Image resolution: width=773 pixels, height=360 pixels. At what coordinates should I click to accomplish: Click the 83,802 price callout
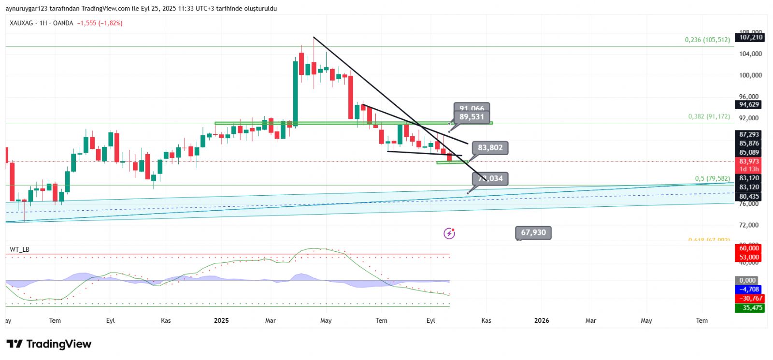tap(490, 148)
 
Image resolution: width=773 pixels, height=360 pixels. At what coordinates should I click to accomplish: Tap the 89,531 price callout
tap(472, 117)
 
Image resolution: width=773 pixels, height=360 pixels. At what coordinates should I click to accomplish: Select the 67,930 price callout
tap(533, 232)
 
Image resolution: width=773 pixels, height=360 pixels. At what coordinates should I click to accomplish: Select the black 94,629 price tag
tap(749, 104)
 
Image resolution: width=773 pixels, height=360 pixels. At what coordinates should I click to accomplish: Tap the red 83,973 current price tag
tap(749, 161)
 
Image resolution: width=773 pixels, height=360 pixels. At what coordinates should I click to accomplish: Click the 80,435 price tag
tap(749, 197)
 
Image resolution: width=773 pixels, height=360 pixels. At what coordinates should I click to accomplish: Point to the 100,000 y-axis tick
tap(750, 75)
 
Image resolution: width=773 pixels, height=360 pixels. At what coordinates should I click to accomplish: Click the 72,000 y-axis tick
tap(749, 225)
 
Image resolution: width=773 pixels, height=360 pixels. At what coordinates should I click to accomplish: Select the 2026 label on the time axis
tap(542, 320)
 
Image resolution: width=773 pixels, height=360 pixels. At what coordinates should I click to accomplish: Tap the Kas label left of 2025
tap(166, 320)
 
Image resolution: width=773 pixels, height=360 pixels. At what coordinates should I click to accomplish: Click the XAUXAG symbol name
tap(21, 23)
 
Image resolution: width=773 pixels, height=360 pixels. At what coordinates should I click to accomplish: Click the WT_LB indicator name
tap(19, 249)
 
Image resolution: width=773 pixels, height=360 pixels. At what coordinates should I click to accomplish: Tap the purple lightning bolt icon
tap(449, 234)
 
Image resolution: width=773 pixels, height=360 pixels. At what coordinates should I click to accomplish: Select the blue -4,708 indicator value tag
tap(749, 289)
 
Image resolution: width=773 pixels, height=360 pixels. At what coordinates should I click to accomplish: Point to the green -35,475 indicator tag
tap(749, 308)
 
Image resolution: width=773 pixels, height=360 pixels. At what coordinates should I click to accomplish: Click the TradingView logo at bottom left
tap(49, 344)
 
